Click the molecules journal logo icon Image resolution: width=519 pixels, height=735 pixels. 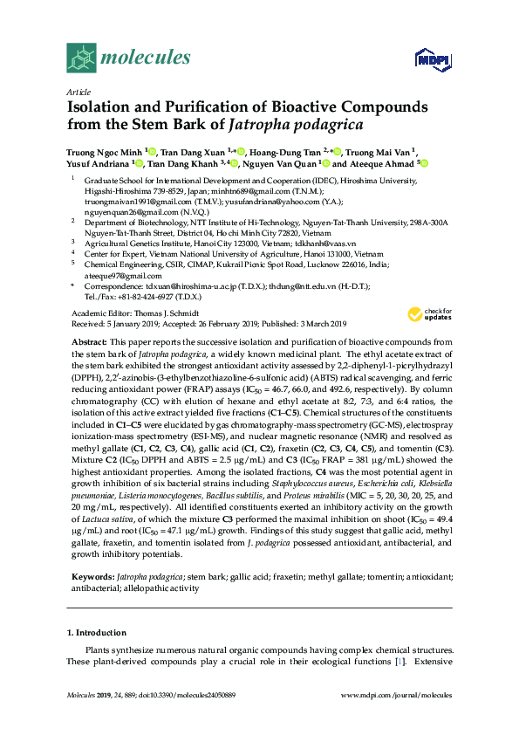[82, 58]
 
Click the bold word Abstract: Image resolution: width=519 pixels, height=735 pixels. [89, 341]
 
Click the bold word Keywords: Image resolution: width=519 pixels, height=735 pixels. [91, 576]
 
